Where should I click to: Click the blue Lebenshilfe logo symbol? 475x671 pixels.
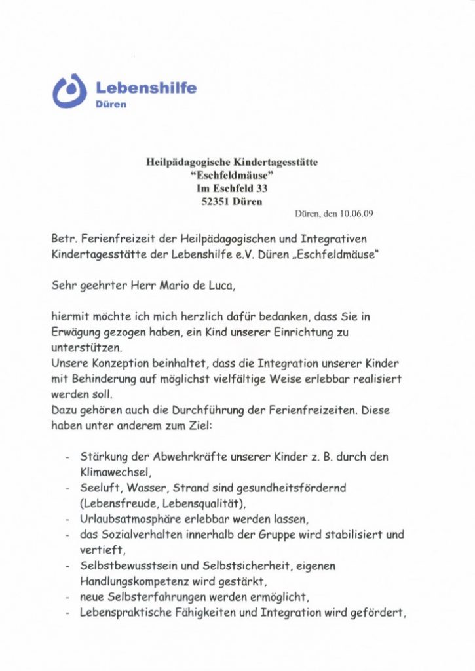[x=69, y=91]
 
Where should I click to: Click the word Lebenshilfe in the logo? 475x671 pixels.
[x=145, y=87]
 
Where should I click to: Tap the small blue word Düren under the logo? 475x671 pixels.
[x=111, y=104]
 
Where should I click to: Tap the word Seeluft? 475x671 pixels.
[x=100, y=488]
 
